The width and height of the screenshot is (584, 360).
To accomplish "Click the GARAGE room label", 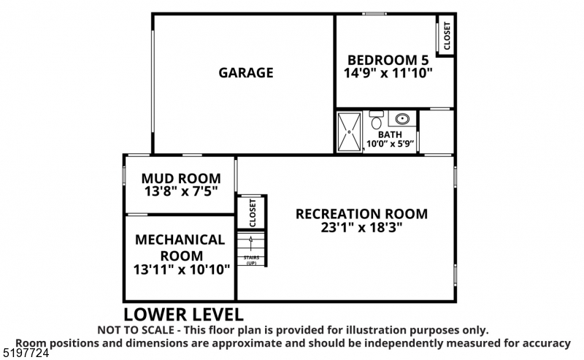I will pyautogui.click(x=245, y=72).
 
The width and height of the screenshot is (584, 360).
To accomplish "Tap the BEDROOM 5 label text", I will pyautogui.click(x=388, y=60).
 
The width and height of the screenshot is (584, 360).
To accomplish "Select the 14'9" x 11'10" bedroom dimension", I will pyautogui.click(x=388, y=73).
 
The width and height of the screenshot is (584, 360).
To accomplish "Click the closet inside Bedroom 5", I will pyautogui.click(x=446, y=35).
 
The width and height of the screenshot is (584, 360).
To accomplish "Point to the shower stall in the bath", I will pyautogui.click(x=350, y=131).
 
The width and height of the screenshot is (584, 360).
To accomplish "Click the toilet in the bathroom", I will pyautogui.click(x=377, y=120).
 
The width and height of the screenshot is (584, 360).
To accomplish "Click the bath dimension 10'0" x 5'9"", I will pyautogui.click(x=390, y=144).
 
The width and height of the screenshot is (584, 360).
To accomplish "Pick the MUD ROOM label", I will pyautogui.click(x=180, y=178).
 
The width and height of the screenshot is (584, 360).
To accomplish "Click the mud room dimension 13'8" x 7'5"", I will pyautogui.click(x=180, y=191).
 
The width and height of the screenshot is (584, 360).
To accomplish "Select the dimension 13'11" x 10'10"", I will pyautogui.click(x=182, y=269).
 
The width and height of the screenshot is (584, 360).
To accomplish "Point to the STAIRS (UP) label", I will pyautogui.click(x=251, y=260).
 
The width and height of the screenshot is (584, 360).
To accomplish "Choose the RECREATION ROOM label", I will pyautogui.click(x=361, y=214).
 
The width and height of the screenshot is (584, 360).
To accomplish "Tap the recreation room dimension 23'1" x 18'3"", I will pyautogui.click(x=361, y=227).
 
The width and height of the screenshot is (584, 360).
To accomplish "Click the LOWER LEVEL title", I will pyautogui.click(x=182, y=315).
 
